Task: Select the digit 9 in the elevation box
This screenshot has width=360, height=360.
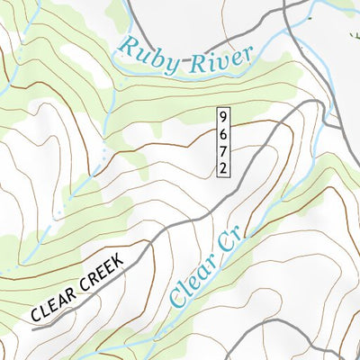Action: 222,117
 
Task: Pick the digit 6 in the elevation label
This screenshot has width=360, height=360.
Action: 222,133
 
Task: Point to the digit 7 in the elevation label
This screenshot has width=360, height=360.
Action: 222,149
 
